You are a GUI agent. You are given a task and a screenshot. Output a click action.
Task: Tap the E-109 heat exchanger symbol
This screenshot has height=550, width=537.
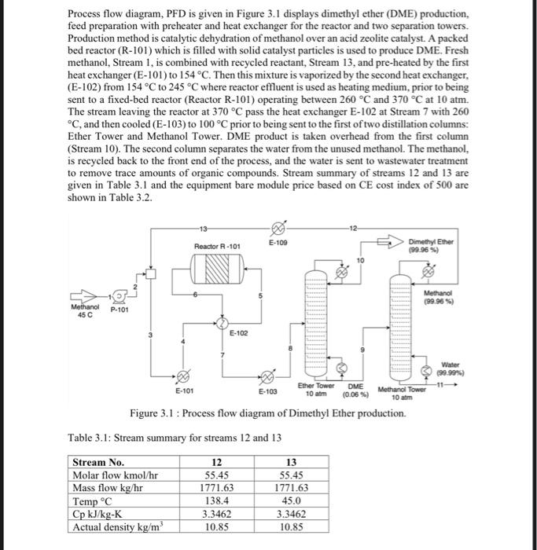(276, 232)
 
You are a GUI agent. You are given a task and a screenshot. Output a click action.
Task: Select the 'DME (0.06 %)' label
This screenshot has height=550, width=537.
(355, 389)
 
